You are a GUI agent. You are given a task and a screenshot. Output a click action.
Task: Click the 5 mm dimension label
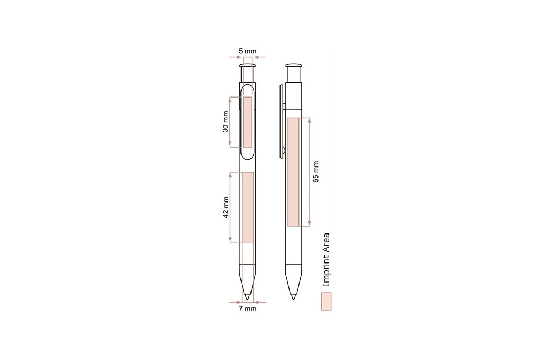248,51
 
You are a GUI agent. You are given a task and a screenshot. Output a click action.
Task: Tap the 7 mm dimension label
248,308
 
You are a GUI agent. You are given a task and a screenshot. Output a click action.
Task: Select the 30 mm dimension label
225,122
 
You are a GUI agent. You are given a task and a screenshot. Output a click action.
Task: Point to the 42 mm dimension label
225,207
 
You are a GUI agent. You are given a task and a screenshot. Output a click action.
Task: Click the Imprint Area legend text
326,260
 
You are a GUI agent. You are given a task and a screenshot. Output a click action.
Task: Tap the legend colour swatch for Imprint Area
326,301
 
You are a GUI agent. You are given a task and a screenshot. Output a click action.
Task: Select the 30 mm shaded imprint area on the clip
248,122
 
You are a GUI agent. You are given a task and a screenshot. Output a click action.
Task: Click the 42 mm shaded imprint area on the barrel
248,207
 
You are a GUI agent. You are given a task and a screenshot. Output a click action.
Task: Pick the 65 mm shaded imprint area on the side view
293,172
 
